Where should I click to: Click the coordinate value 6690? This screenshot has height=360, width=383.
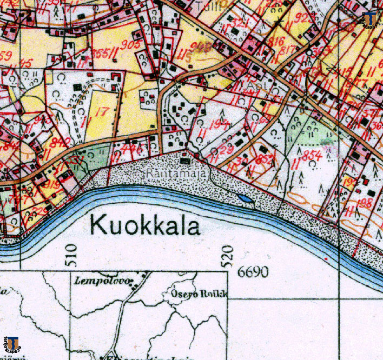coord(253,272)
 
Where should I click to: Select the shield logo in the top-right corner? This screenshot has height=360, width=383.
coord(371,19)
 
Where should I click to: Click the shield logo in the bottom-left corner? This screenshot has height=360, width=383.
coord(12,343)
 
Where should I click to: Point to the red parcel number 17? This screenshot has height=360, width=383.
coord(98,113)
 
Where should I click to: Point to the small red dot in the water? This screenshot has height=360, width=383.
coord(327,259)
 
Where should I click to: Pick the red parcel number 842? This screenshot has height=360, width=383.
coord(61,142)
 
